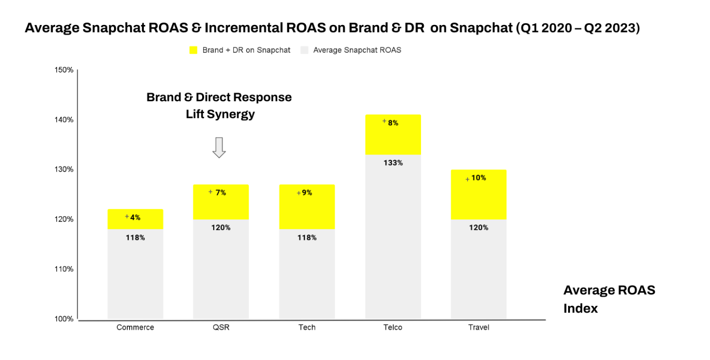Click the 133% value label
pyautogui.click(x=393, y=163)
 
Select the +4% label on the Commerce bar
pyautogui.click(x=133, y=217)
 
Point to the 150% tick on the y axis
pyautogui.click(x=64, y=70)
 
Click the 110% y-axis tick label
pyautogui.click(x=64, y=269)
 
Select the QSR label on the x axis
pyautogui.click(x=221, y=327)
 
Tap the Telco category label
pyautogui.click(x=393, y=327)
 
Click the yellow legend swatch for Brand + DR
pyautogui.click(x=193, y=50)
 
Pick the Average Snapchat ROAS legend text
pyautogui.click(x=357, y=50)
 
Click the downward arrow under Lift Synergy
pyautogui.click(x=219, y=147)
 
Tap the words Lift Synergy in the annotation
pyautogui.click(x=220, y=114)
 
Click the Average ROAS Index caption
pyautogui.click(x=609, y=299)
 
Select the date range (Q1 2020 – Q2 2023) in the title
pyautogui.click(x=578, y=28)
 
